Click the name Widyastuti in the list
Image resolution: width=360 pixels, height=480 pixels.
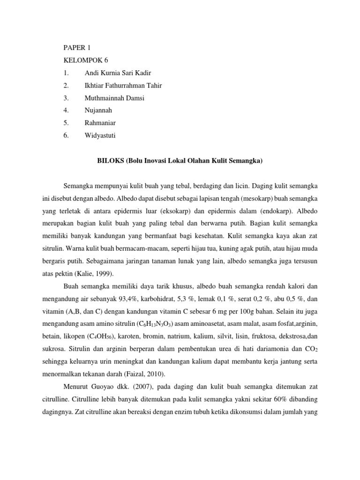coord(99,135)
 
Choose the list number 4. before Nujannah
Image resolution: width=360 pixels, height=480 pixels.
coord(66,110)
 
